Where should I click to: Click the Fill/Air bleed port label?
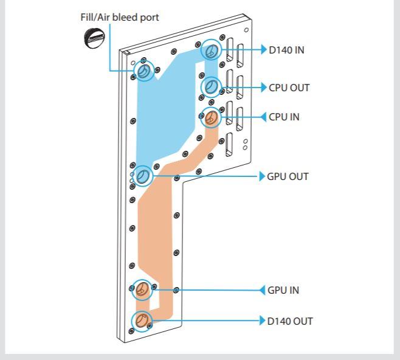(x=116, y=17)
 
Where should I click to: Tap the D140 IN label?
(x=287, y=49)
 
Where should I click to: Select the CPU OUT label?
(x=289, y=88)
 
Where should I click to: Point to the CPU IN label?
(x=284, y=117)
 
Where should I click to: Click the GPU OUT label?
(x=288, y=177)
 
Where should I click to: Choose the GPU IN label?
(x=283, y=290)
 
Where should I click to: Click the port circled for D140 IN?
(x=211, y=50)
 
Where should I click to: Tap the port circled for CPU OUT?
(x=211, y=87)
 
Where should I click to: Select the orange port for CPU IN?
(x=210, y=117)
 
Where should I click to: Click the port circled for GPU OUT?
(x=142, y=176)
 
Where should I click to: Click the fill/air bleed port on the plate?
(x=143, y=72)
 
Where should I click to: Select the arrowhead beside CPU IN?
(x=264, y=117)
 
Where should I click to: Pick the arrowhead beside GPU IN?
(x=263, y=290)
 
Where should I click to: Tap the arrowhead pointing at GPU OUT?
(x=261, y=177)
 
